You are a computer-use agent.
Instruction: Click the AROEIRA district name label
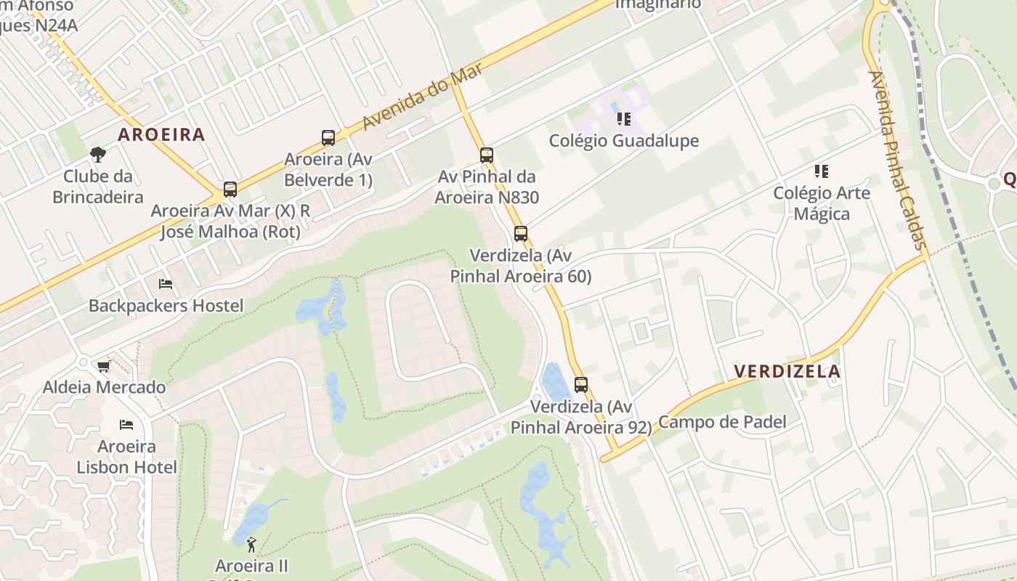[161, 134]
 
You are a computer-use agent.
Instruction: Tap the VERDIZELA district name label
[787, 372]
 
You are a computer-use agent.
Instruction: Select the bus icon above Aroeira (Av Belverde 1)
[328, 138]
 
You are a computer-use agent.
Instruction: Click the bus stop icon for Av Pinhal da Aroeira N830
[487, 155]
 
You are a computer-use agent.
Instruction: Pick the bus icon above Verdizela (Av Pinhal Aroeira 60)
[521, 234]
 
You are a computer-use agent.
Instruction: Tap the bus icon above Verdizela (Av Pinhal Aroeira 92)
[581, 385]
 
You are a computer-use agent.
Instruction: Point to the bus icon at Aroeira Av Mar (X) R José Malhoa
[230, 190]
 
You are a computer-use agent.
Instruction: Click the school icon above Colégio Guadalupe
[623, 119]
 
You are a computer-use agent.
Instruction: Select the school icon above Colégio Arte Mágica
[822, 171]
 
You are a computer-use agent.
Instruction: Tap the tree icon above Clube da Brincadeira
[98, 154]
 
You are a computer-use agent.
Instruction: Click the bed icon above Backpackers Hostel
[166, 284]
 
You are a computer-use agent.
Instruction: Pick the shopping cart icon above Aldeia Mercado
[104, 366]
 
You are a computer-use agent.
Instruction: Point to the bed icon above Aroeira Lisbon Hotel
[126, 424]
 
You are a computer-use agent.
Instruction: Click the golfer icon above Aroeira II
[252, 544]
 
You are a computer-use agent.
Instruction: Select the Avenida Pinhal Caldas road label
[899, 160]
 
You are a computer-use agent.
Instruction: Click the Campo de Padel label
[722, 422]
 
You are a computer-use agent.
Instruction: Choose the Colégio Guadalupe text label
[624, 141]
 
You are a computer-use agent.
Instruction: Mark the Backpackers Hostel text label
[166, 306]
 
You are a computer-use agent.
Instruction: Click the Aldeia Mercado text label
[104, 387]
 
